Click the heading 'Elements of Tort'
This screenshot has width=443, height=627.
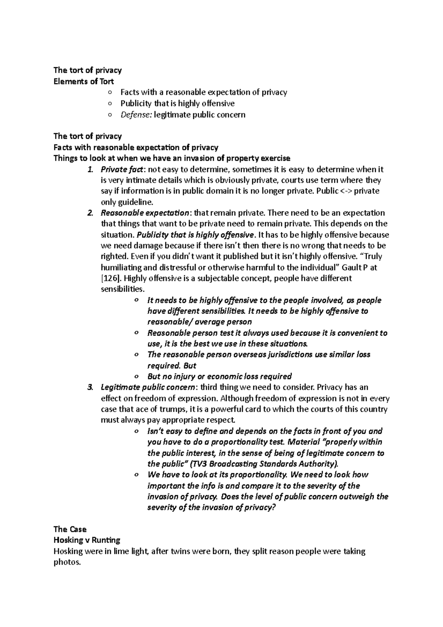point(83,81)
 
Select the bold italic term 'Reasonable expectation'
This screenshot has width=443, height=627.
point(145,213)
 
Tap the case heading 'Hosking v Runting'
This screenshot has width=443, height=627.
point(87,540)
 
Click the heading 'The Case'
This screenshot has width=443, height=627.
point(70,529)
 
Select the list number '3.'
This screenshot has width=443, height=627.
point(90,387)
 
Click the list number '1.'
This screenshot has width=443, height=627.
point(90,169)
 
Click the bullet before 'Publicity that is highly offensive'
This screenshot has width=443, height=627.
point(110,104)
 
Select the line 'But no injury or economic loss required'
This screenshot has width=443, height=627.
point(219,376)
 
